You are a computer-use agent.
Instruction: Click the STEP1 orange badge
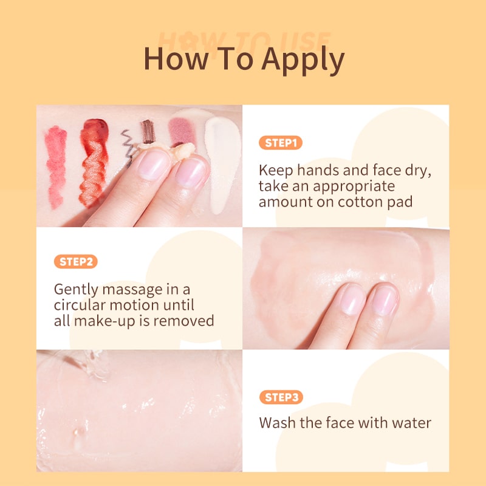(x=281, y=143)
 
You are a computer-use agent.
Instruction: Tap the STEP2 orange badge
(x=75, y=262)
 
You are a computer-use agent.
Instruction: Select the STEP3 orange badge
(x=281, y=397)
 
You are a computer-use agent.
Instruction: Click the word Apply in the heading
(x=303, y=60)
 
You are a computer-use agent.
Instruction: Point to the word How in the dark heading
(x=176, y=58)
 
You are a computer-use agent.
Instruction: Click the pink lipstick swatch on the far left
(x=56, y=166)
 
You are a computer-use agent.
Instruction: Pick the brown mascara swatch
(x=148, y=131)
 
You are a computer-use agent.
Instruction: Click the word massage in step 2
(x=132, y=290)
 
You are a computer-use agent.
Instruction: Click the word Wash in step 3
(x=278, y=423)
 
